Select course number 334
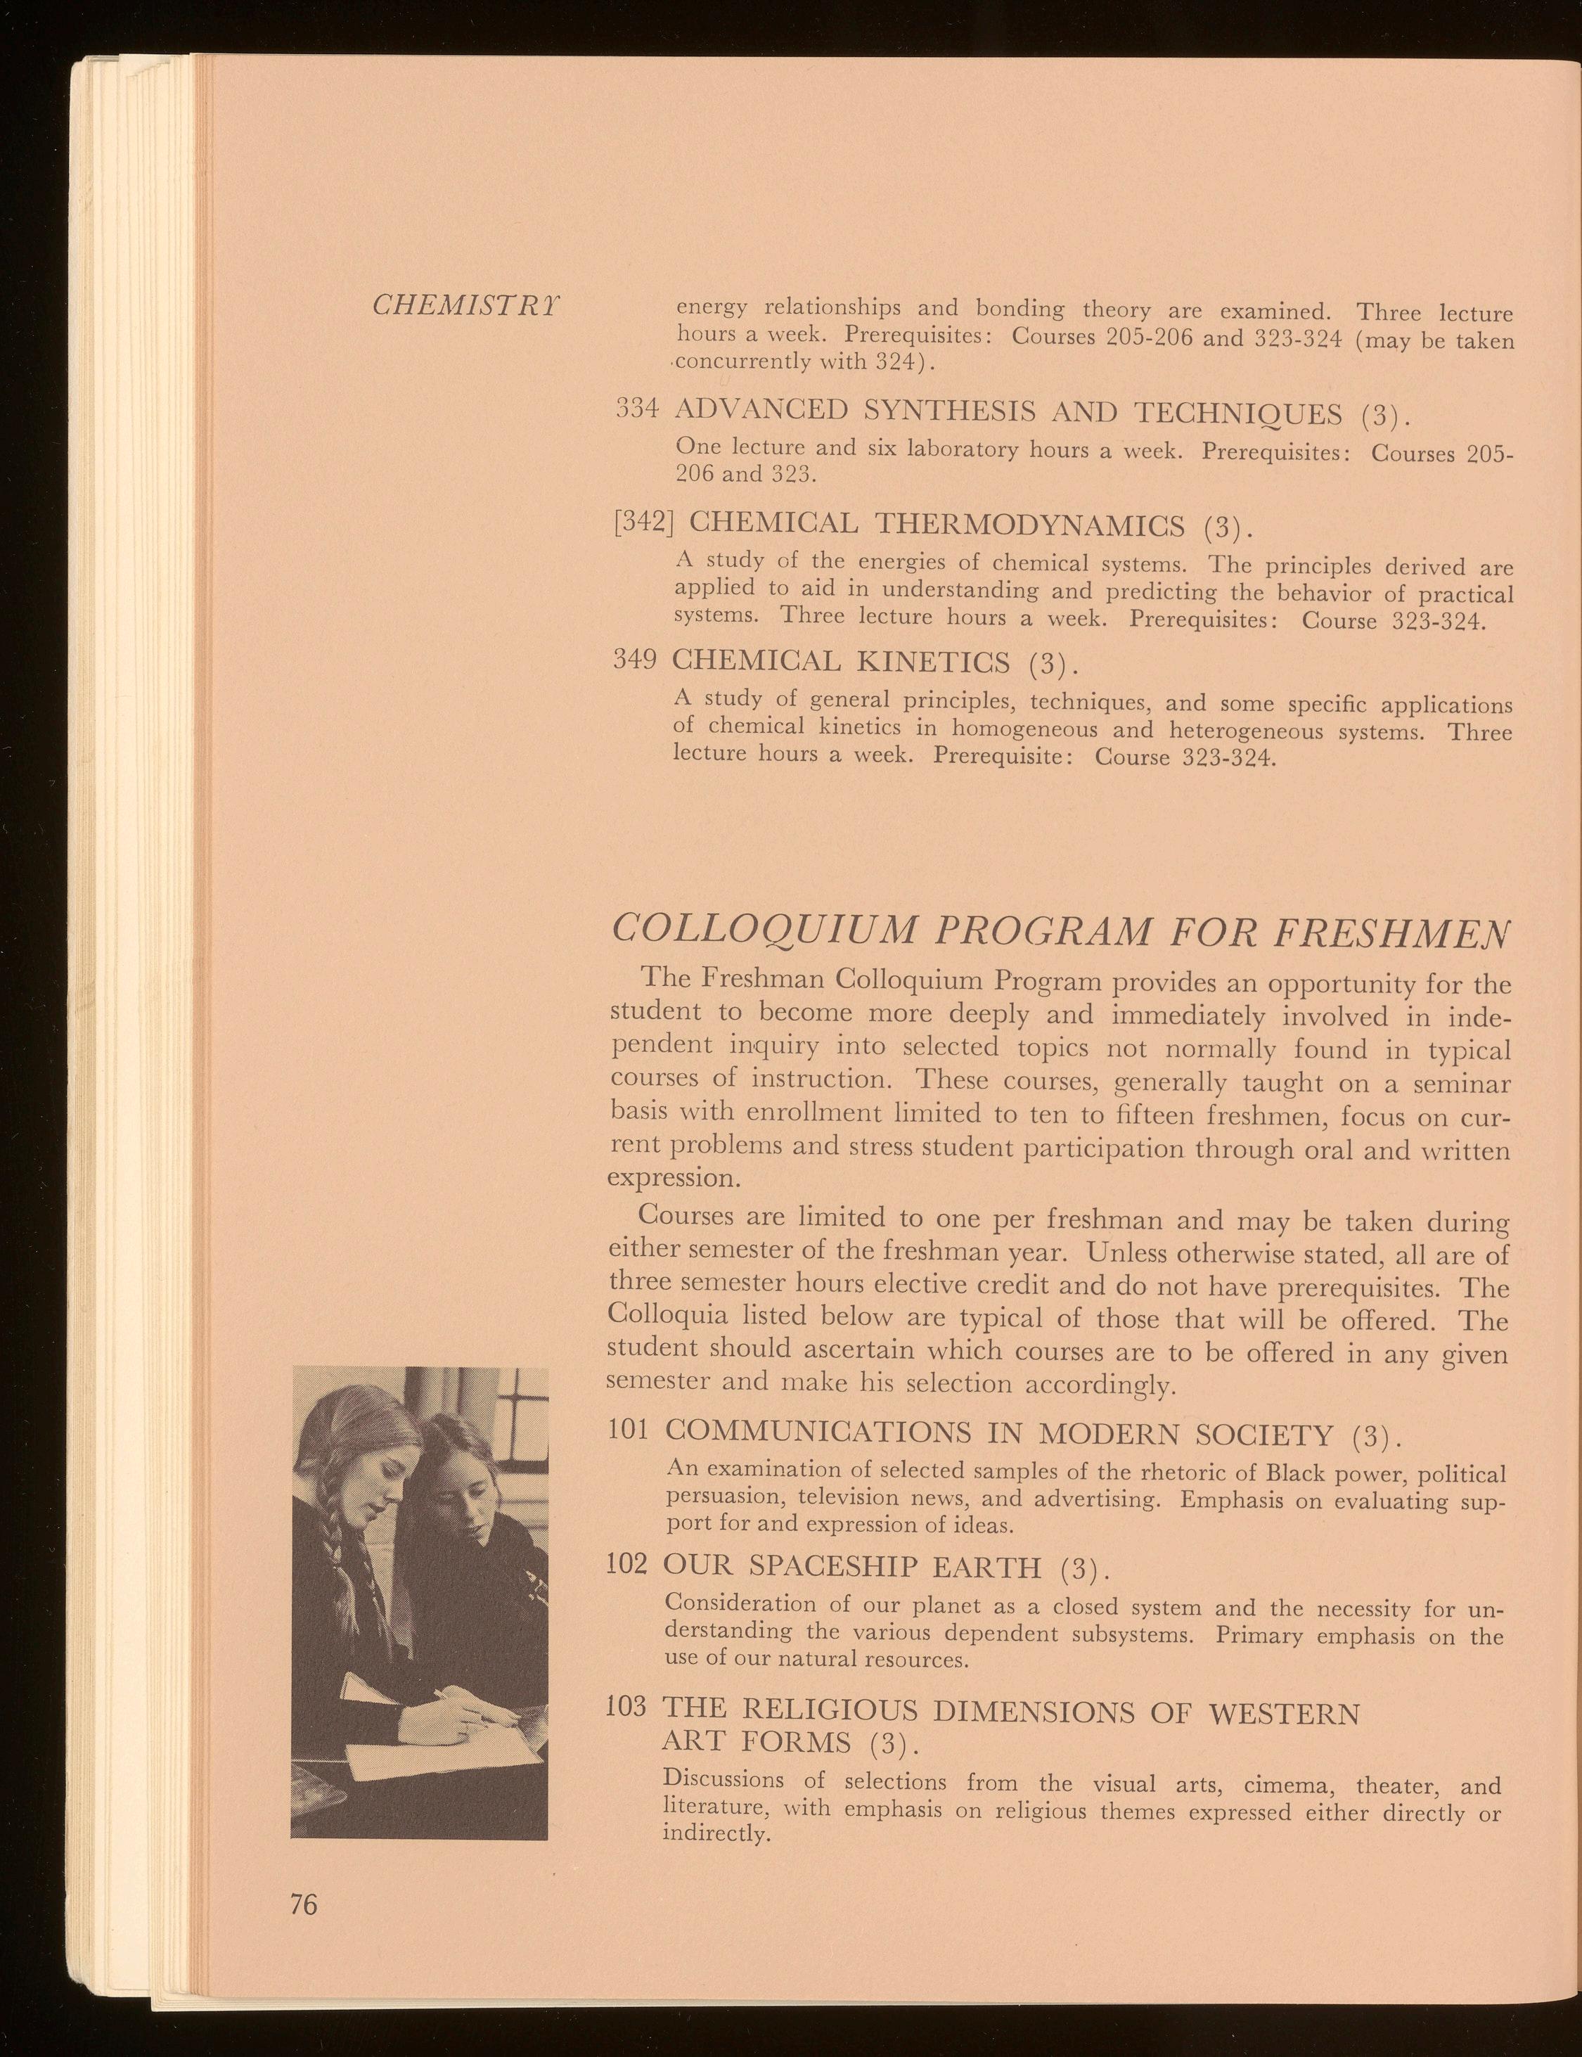[638, 409]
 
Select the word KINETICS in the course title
[932, 662]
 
